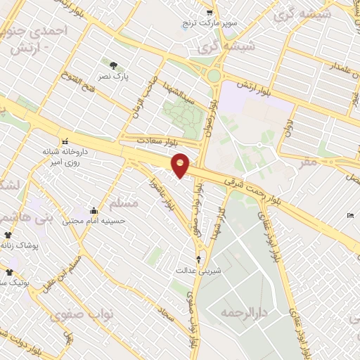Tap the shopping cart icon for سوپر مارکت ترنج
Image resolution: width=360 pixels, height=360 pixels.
[210, 13]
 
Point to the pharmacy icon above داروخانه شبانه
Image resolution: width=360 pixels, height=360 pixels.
[65, 139]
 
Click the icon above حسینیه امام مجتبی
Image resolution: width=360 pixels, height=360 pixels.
[94, 210]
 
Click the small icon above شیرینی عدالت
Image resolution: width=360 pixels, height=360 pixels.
[198, 259]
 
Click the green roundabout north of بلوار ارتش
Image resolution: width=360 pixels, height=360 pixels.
[214, 75]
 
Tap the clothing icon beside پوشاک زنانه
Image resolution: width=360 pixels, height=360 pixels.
[8, 235]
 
